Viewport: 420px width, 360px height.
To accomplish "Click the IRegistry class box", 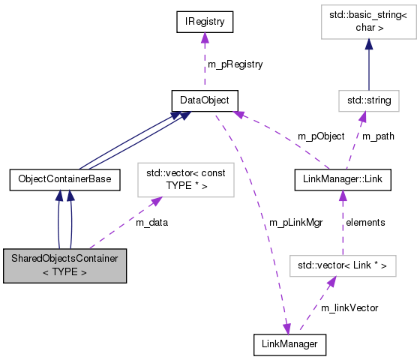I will [204, 22].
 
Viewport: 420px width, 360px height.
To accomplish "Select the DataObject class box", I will [204, 100].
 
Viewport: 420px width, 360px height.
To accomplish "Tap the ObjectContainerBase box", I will [64, 179].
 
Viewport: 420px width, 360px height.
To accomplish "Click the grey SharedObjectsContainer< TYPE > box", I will [64, 265].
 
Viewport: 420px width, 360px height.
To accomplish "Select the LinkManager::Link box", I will [342, 179].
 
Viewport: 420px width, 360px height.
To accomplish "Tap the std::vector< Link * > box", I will [342, 265].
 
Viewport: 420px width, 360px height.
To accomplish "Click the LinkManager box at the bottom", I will [290, 345].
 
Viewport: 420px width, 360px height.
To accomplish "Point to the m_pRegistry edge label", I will [235, 64].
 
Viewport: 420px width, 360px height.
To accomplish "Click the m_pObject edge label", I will [321, 136].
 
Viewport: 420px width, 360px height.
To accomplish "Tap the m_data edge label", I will [152, 222].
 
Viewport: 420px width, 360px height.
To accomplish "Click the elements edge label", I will [365, 222].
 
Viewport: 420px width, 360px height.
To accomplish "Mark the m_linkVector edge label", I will [349, 308].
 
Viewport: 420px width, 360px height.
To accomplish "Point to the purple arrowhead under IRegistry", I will [204, 39].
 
